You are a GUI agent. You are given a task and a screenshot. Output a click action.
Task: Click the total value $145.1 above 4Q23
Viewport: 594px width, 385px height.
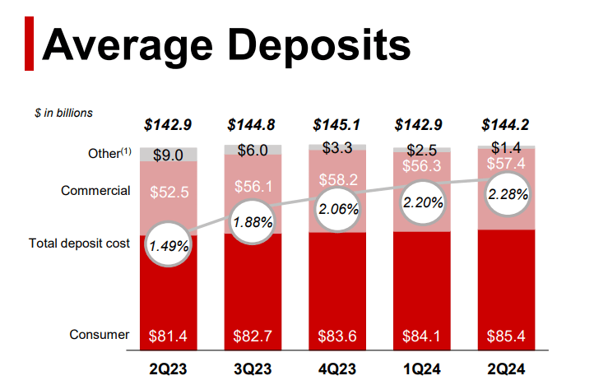(x=336, y=126)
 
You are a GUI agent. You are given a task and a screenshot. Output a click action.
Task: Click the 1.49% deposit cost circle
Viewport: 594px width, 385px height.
(x=168, y=244)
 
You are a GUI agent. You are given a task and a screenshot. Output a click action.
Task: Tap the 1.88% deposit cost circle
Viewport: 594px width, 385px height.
(x=252, y=222)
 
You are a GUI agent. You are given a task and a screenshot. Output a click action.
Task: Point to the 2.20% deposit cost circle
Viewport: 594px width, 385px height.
(x=421, y=202)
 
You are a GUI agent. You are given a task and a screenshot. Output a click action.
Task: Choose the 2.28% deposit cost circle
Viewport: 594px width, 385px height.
(x=505, y=196)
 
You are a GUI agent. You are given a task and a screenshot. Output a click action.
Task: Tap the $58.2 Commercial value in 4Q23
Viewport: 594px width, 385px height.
(x=336, y=178)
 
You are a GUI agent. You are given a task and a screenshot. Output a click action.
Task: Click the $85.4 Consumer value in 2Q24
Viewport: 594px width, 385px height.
(x=505, y=335)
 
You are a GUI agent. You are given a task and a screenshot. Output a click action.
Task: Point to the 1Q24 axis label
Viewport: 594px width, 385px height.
(x=421, y=368)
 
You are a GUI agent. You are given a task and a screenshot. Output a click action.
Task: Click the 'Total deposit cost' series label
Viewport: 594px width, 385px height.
(x=79, y=244)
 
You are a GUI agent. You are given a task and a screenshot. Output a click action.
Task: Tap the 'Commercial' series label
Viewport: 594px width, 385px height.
(x=95, y=191)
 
